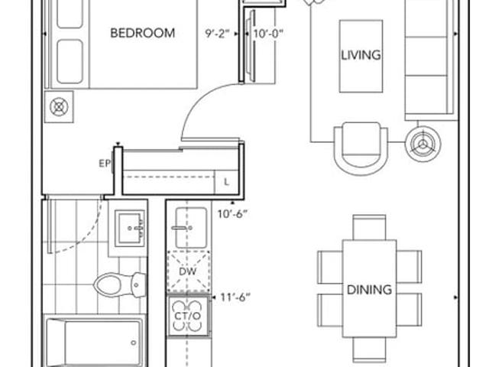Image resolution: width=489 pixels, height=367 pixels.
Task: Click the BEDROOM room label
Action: click(x=143, y=33)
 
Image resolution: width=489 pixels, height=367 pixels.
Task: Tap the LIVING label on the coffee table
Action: click(x=361, y=55)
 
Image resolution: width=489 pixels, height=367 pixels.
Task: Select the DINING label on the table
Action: click(x=369, y=290)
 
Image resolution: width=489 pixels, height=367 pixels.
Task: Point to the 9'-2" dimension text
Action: click(x=217, y=34)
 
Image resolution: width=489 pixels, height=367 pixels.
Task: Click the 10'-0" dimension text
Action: click(x=268, y=34)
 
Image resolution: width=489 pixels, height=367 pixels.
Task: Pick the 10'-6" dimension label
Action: click(x=232, y=214)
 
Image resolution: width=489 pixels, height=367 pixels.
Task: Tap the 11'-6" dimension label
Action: click(x=235, y=297)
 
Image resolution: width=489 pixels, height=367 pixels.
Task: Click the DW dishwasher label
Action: click(x=188, y=271)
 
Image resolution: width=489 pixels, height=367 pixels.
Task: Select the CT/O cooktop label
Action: click(x=188, y=316)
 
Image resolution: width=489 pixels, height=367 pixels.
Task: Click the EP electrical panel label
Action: click(x=105, y=163)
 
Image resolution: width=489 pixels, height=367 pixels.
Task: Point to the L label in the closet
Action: click(x=227, y=182)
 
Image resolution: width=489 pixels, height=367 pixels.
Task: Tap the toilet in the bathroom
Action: click(x=120, y=284)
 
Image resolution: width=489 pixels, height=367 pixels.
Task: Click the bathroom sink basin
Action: click(x=131, y=228)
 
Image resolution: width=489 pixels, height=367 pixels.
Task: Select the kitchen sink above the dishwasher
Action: click(x=190, y=228)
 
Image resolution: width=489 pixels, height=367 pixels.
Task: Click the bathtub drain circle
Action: click(x=134, y=343)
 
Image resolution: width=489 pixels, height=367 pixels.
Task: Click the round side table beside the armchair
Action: click(x=423, y=144)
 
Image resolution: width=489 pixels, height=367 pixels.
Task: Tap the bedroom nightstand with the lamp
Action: click(x=59, y=107)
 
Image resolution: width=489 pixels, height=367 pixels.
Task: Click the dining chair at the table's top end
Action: click(x=369, y=227)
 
